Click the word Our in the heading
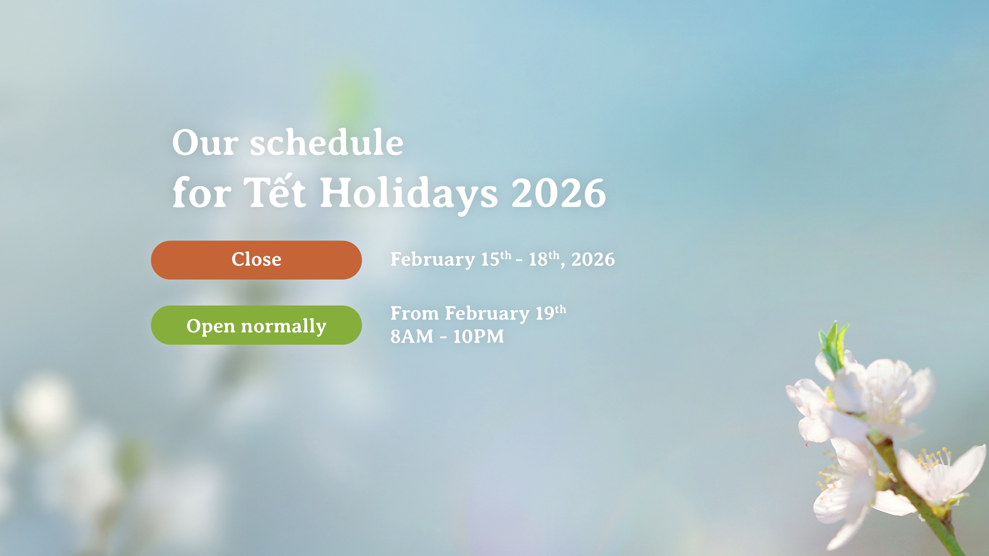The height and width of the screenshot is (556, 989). click(205, 142)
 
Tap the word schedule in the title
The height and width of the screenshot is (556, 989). click(327, 141)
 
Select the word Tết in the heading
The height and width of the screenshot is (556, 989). click(275, 192)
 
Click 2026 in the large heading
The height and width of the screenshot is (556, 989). click(558, 193)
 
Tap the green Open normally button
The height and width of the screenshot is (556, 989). click(256, 325)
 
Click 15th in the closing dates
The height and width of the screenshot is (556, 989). click(496, 258)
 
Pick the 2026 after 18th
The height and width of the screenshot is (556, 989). click(593, 259)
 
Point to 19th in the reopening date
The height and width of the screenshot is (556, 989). click(551, 312)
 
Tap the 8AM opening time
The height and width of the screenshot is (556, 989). click(412, 336)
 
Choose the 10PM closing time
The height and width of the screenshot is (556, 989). click(478, 336)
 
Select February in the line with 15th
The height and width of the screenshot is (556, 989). click(433, 260)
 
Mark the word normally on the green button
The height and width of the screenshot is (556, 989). click(283, 327)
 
